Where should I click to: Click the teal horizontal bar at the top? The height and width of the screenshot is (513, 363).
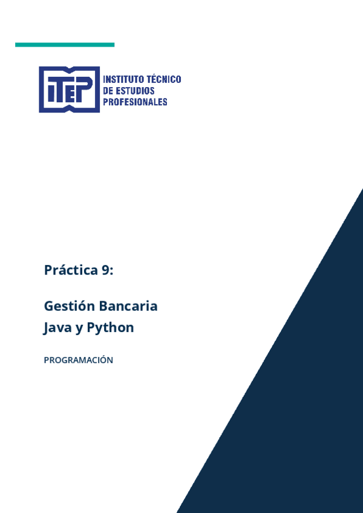(65, 45)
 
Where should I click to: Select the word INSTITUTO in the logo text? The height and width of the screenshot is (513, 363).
(124, 79)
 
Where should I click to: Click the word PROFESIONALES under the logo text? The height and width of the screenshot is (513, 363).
(136, 102)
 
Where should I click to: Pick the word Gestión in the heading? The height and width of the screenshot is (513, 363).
(69, 306)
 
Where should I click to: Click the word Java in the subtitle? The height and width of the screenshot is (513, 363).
(57, 328)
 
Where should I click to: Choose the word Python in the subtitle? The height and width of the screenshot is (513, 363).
(111, 328)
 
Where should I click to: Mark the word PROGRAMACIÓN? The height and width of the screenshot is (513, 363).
(79, 360)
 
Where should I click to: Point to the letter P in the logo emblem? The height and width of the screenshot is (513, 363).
(86, 88)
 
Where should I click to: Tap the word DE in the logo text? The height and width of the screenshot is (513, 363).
(109, 91)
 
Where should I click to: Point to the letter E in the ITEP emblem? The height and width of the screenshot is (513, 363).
(72, 91)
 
